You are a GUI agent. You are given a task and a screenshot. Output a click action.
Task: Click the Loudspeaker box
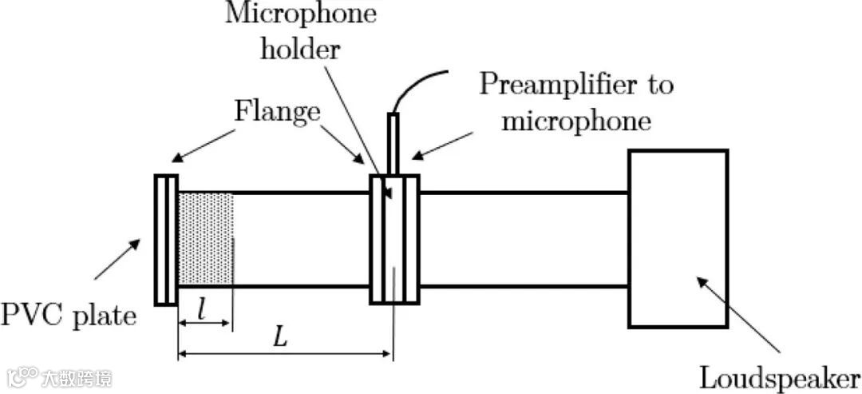[x=678, y=238]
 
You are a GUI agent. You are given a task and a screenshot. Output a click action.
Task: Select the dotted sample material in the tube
[x=205, y=238]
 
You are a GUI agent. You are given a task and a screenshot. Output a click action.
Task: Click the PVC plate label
[x=68, y=315]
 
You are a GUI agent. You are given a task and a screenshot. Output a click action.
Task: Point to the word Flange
[x=277, y=112]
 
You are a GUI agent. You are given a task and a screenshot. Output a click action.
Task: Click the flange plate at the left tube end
[x=166, y=239]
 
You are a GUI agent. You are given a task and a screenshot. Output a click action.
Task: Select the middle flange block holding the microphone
[x=394, y=239]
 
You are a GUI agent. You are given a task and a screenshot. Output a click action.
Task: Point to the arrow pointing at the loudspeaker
[x=738, y=314]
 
